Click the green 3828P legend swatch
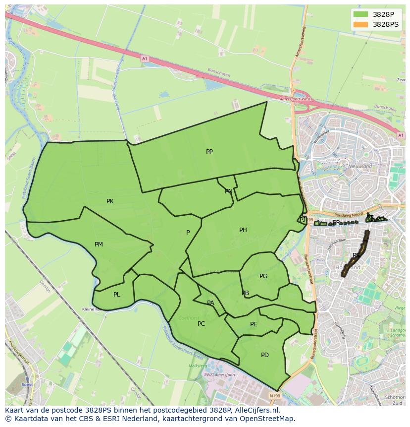pos(361,15)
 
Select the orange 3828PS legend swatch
pos(361,24)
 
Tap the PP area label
pos(209,152)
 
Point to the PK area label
pos(110,201)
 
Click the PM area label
pos(99,244)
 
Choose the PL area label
pos(116,295)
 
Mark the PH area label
pos(243,230)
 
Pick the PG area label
pos(263,276)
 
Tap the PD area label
pos(265,355)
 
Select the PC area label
pos(201,324)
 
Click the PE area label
pos(254,325)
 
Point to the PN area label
pos(228,191)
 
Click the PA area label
pos(210,303)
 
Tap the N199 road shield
pos(275,396)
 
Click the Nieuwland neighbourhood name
pos(360,167)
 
